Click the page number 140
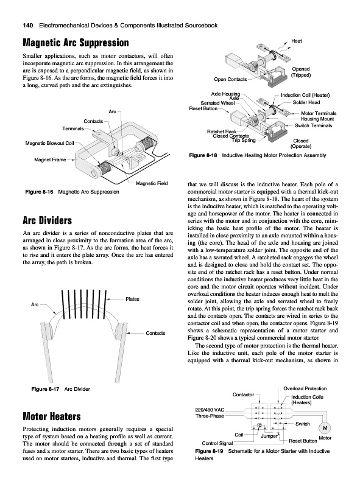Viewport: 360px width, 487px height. tap(27, 26)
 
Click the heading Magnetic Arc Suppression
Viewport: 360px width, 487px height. tap(76, 43)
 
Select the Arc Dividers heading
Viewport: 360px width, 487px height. tap(48, 220)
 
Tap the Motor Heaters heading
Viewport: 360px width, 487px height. tap(52, 416)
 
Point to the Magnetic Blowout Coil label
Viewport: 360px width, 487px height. tap(50, 143)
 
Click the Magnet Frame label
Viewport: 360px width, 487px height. tap(50, 160)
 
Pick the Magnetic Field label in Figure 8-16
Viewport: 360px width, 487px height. tap(152, 183)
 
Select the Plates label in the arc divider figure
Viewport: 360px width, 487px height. tap(132, 299)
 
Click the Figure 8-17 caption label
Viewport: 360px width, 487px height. tap(45, 389)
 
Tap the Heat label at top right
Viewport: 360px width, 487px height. tap(297, 41)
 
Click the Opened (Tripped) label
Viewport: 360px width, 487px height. tap(301, 72)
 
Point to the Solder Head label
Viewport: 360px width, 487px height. tap(306, 102)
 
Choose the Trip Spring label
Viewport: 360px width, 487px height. tap(244, 141)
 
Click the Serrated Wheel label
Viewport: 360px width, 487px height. tap(217, 103)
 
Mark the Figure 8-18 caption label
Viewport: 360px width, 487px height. tap(203, 155)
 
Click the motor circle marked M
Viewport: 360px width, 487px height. tap(325, 429)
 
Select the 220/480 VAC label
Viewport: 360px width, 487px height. tap(210, 410)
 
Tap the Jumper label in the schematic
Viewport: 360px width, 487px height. tap(269, 436)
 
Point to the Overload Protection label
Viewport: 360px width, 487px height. tap(305, 388)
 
